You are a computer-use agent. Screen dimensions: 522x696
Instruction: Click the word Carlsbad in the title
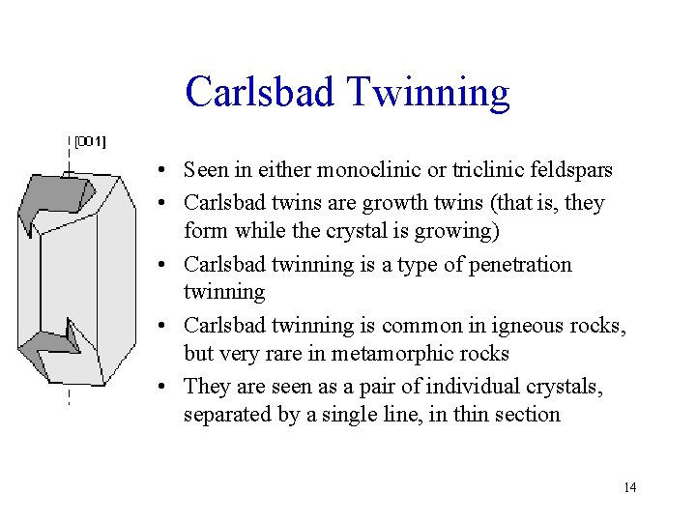(258, 92)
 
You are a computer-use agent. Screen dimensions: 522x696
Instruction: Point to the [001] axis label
(91, 141)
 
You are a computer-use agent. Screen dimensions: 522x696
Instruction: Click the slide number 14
(629, 487)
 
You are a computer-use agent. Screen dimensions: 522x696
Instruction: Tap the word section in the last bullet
(527, 415)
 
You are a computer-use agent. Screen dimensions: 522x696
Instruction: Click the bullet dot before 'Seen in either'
(167, 172)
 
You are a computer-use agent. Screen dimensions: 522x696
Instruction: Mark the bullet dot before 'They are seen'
(167, 388)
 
